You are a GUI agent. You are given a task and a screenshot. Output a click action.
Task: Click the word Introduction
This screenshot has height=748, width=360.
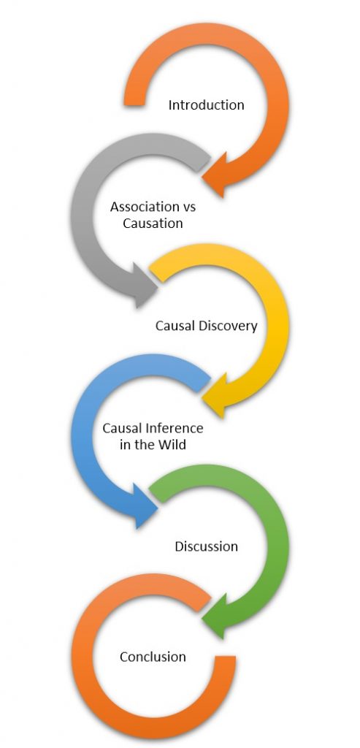pyautogui.click(x=206, y=105)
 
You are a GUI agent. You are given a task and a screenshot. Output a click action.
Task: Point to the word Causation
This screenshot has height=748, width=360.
pyautogui.click(x=153, y=224)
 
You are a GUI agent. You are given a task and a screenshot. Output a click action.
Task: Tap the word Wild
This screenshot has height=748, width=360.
pyautogui.click(x=172, y=444)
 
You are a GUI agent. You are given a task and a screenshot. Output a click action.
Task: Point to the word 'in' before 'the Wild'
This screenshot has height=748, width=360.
pyautogui.click(x=126, y=444)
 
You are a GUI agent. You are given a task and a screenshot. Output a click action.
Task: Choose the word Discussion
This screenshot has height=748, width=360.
pyautogui.click(x=206, y=546)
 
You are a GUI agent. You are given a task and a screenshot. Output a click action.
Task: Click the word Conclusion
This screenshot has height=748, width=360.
pyautogui.click(x=153, y=657)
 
